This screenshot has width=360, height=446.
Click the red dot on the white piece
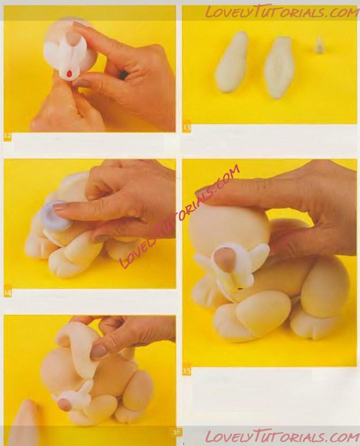69,74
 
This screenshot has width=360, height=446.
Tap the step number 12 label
7,136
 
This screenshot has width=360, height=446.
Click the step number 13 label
187,127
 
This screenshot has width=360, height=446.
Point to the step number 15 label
187,371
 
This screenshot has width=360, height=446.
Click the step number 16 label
177,432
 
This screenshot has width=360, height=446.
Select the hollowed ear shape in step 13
279,68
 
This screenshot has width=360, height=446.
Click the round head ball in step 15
232,225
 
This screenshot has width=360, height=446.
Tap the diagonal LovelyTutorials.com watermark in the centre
179,217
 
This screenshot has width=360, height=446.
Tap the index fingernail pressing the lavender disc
60,206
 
